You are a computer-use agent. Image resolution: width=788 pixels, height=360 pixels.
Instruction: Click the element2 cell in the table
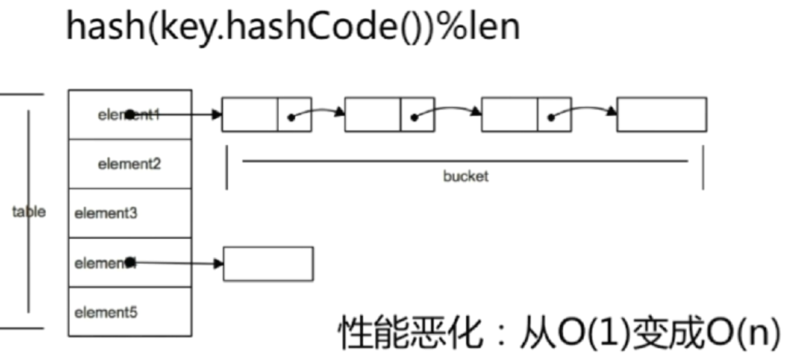coord(130,164)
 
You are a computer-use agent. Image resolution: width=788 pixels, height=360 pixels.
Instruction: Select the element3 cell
coord(130,213)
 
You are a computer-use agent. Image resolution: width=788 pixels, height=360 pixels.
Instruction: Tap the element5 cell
coord(130,312)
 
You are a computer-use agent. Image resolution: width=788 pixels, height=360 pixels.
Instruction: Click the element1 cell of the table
coord(130,115)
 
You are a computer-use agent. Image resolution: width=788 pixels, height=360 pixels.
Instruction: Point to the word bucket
coord(465,176)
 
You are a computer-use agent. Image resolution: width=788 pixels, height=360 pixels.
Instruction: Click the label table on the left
coord(29,212)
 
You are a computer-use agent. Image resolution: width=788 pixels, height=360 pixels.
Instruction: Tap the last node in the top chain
coord(661,115)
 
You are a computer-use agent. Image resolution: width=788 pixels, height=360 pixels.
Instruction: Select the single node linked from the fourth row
coord(268,263)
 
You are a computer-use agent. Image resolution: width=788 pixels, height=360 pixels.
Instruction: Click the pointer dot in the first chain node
coord(291,117)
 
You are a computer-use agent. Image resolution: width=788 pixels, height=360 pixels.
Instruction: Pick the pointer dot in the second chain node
coord(414,117)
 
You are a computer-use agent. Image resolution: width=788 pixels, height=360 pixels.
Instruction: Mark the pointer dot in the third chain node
coord(550,117)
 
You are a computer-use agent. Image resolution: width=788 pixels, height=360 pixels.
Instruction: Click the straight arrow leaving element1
coord(185,115)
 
